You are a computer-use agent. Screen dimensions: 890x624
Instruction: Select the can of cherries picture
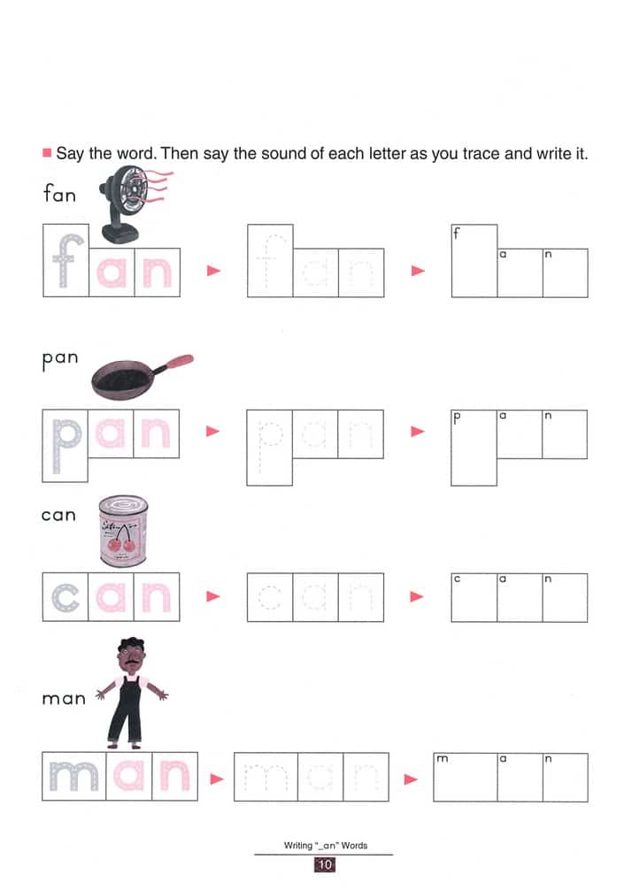(122, 530)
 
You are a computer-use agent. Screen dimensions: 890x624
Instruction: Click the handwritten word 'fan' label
(59, 193)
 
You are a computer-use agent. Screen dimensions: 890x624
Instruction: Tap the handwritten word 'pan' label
(59, 359)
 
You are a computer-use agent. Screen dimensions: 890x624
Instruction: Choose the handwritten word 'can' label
(58, 515)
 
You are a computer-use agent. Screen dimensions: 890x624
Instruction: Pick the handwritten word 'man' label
(64, 698)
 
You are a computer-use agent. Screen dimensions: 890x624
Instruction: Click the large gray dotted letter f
(65, 261)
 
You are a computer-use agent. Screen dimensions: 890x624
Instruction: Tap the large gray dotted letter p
(65, 441)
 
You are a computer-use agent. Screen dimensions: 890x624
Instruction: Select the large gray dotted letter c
(65, 597)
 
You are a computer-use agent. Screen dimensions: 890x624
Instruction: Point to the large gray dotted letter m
(73, 777)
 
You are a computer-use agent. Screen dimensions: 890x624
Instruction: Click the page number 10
(324, 865)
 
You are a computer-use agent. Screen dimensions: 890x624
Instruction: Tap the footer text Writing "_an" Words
(325, 846)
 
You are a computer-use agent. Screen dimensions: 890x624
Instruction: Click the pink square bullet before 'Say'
(47, 153)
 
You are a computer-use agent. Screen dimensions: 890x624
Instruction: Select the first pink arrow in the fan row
(212, 272)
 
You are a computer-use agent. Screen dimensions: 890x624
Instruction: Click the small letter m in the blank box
(442, 760)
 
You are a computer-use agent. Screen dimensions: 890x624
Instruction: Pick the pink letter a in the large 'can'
(112, 597)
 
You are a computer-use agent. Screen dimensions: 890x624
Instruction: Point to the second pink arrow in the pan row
(417, 432)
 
